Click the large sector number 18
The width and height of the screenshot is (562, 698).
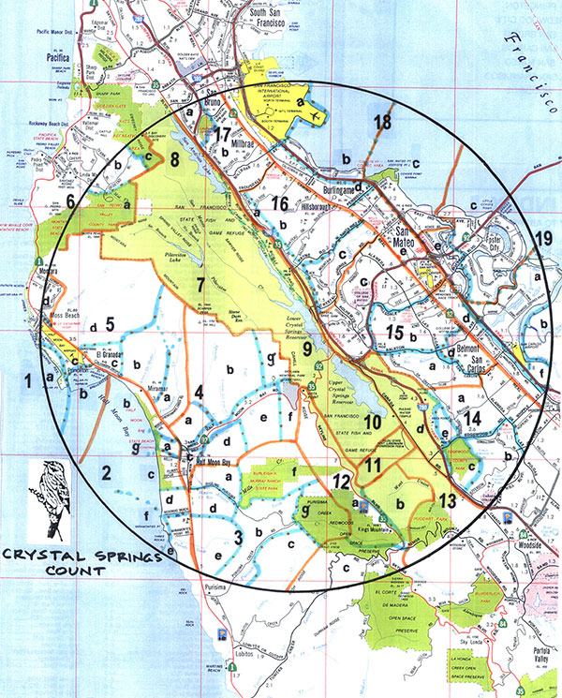click(x=381, y=122)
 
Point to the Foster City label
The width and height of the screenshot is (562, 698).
click(x=489, y=237)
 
